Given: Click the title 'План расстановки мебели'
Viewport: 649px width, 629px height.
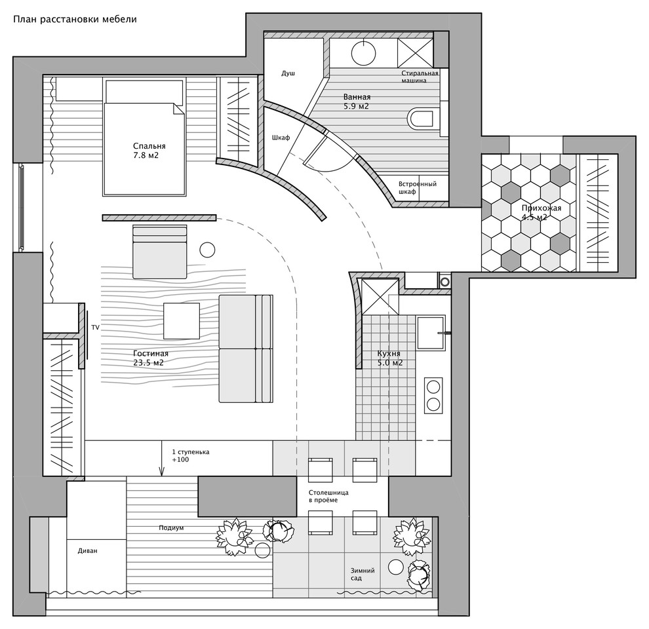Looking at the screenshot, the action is click(x=75, y=20).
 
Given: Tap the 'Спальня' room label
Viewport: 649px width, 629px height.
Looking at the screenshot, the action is click(x=149, y=146).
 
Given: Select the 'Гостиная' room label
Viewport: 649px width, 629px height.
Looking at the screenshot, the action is click(x=151, y=353).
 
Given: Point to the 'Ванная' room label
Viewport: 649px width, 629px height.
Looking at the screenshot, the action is click(x=357, y=97).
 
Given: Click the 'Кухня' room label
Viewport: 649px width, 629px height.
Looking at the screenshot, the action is click(x=389, y=354).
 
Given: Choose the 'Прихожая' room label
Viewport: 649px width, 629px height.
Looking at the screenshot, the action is click(x=541, y=208).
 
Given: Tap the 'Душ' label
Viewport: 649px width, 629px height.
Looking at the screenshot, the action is click(x=288, y=73).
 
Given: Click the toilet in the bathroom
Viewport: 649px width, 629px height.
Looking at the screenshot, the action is click(x=423, y=118).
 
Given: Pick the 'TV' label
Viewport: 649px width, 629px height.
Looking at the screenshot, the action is click(x=95, y=328).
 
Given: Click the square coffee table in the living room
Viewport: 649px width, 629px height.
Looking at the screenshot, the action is click(x=182, y=320).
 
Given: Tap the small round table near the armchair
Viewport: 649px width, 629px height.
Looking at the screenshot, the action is click(x=207, y=250).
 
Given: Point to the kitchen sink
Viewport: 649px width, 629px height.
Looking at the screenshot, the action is click(x=431, y=333).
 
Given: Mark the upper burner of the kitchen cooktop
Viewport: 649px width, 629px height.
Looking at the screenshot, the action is click(x=433, y=387).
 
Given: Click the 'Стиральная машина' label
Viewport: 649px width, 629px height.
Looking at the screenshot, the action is click(x=420, y=77).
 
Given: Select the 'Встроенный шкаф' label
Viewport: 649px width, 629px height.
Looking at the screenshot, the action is click(x=417, y=188).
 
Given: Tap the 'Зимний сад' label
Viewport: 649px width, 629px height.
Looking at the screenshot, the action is click(x=363, y=574).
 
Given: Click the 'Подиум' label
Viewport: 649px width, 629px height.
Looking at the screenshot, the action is click(x=171, y=528).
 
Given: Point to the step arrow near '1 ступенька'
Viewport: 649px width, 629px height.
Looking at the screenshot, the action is click(x=162, y=459).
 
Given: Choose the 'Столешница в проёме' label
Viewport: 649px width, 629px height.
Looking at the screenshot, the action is click(x=328, y=496).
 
